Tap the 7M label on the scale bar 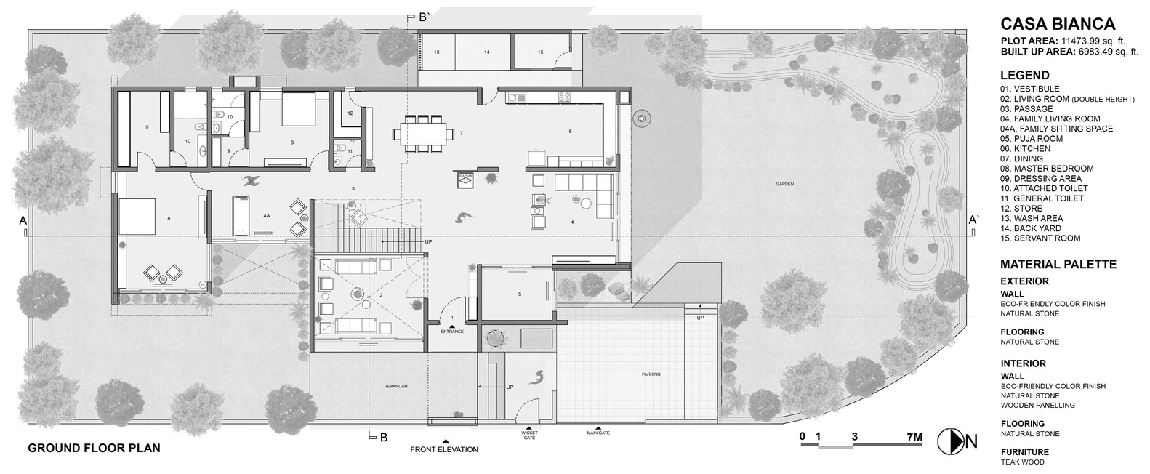(x=914, y=437)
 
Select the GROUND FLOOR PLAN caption (x=94, y=449)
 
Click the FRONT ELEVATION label (x=444, y=449)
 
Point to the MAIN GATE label (x=598, y=433)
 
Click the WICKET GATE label (x=529, y=435)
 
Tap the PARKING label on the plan (x=651, y=374)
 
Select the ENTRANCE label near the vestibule (x=451, y=332)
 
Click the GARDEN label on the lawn (x=784, y=185)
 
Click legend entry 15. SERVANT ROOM (x=1040, y=238)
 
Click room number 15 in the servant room (x=540, y=52)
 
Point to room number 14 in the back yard (x=486, y=52)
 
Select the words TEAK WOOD (x=1022, y=462)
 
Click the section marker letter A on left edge (x=23, y=220)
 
